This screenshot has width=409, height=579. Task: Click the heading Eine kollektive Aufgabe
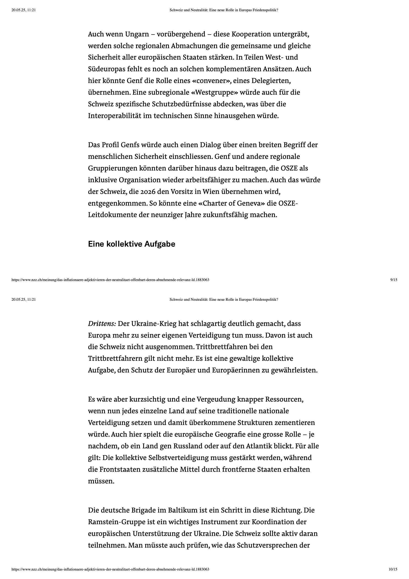click(131, 244)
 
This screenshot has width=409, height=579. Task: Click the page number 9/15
click(394, 280)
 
